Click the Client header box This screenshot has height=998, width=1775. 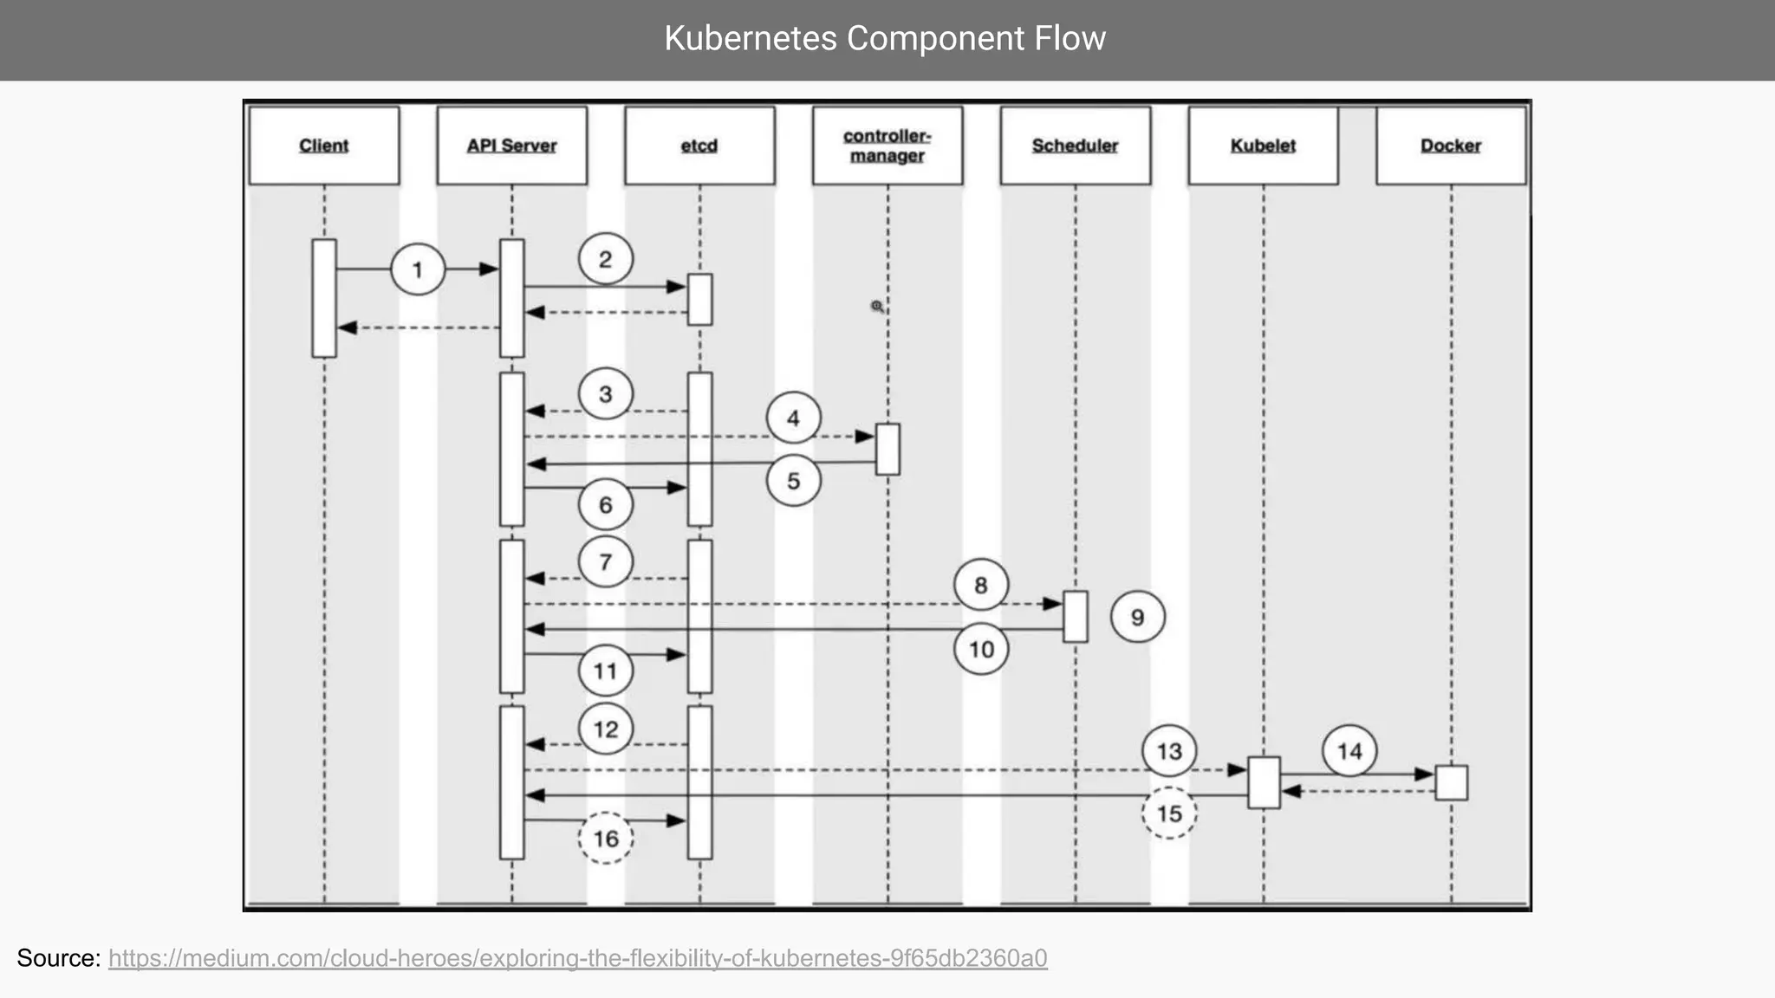(324, 146)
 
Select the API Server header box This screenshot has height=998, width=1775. (511, 146)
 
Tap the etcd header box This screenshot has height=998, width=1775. (699, 146)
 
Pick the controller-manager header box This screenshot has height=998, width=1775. (887, 146)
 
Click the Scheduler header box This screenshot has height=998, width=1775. (1075, 146)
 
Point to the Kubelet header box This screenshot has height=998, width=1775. (1263, 146)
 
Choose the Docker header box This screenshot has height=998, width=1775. (1451, 146)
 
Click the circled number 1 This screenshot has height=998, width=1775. (418, 269)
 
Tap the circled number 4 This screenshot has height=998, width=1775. (793, 418)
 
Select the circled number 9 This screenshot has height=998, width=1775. (1137, 617)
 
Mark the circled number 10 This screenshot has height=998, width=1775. (980, 649)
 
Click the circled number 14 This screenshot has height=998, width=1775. (1349, 751)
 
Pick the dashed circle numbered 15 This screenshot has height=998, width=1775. (1169, 813)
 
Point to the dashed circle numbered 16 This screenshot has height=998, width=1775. (605, 838)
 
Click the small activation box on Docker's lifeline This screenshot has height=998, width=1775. (1452, 782)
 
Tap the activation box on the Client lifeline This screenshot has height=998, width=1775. (324, 298)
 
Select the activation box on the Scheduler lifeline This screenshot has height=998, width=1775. (1076, 617)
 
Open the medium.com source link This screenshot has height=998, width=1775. (577, 958)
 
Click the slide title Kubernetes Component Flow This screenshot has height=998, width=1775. (885, 39)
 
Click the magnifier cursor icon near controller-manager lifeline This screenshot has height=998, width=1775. (877, 307)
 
